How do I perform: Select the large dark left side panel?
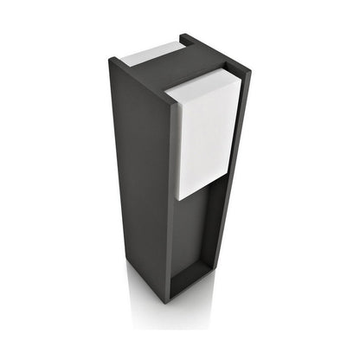coord(138,173)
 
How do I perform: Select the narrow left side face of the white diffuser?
coord(172,143)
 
